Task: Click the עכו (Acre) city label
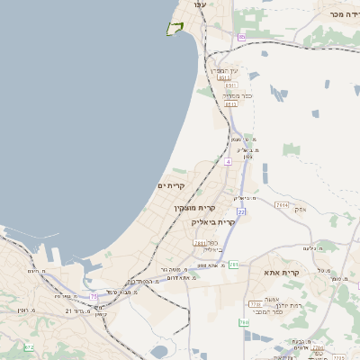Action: [200, 4]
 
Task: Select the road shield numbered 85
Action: [241, 37]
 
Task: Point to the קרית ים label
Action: [170, 185]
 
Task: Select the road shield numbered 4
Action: [229, 163]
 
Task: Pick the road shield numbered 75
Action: [94, 295]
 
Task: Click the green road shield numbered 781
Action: [233, 265]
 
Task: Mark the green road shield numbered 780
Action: [243, 322]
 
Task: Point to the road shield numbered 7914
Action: [282, 205]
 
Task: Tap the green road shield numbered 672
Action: [29, 346]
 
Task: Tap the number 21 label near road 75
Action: [68, 310]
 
